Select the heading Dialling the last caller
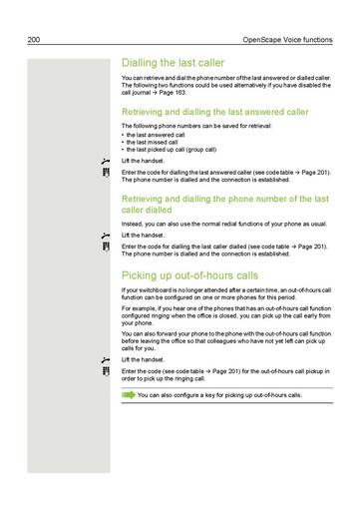pyautogui.click(x=179, y=62)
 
